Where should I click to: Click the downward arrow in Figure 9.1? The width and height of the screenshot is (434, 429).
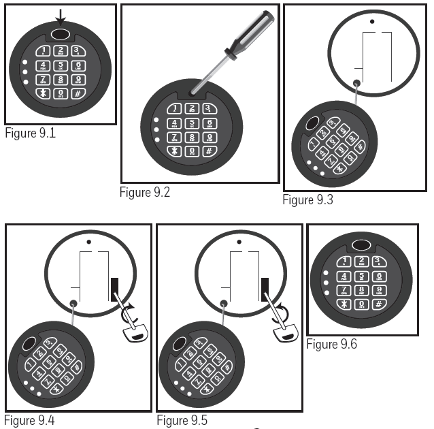point(61,16)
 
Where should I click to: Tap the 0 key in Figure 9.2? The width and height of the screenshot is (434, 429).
point(192,150)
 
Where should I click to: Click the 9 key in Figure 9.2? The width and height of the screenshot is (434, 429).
point(209,138)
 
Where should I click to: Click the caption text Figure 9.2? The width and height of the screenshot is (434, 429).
point(144,191)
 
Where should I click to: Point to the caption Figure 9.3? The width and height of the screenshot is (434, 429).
point(307,200)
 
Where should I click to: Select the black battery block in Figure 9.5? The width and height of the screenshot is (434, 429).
point(265,288)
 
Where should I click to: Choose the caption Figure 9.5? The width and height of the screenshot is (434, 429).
point(182,420)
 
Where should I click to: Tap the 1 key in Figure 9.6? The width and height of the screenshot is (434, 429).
point(344,262)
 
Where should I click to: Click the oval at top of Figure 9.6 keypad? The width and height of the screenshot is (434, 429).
point(363,245)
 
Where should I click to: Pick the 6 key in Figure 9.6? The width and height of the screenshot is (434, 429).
point(379,276)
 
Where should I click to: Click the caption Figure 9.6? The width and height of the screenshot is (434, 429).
point(331,344)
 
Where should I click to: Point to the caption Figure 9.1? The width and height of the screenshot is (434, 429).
point(30,133)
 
